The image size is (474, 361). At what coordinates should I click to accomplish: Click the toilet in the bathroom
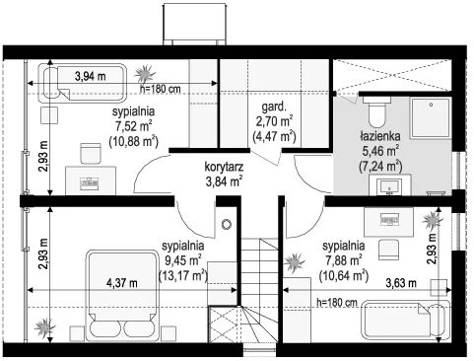(376, 111)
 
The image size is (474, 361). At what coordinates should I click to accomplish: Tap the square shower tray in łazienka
(431, 118)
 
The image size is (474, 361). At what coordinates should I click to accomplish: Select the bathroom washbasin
(389, 186)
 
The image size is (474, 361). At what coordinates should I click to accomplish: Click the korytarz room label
(224, 167)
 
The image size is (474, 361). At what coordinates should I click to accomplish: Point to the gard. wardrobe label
(275, 107)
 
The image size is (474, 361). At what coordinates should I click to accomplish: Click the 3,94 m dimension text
(91, 76)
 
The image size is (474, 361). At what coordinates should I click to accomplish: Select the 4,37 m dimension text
(122, 283)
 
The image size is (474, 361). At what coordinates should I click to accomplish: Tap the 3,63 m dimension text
(401, 283)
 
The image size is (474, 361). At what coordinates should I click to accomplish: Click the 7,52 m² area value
(132, 125)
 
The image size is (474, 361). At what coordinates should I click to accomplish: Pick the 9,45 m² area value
(182, 260)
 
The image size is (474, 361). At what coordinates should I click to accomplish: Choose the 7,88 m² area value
(344, 260)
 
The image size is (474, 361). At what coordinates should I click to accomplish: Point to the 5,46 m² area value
(380, 150)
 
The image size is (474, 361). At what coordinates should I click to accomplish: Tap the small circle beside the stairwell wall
(227, 224)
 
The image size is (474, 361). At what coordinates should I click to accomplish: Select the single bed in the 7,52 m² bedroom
(83, 83)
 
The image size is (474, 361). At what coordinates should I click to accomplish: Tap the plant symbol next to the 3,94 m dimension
(145, 74)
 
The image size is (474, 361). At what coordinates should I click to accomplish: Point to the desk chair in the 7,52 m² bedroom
(91, 153)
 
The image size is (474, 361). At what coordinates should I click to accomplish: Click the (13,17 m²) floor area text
(182, 275)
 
